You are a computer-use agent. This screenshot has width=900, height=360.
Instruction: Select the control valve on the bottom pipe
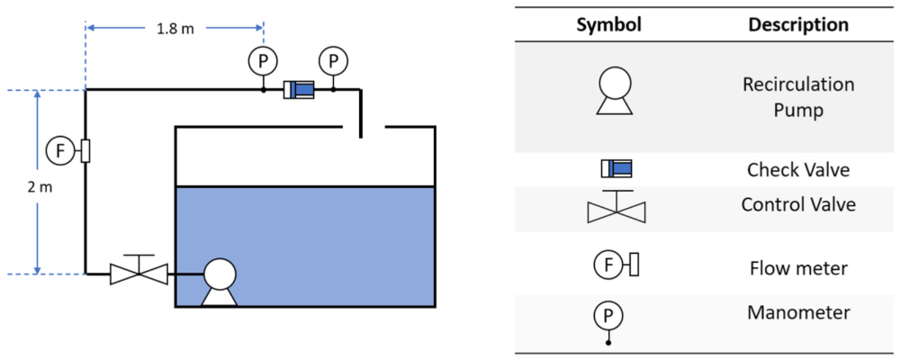(139, 272)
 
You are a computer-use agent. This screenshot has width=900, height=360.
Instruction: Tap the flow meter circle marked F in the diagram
(61, 150)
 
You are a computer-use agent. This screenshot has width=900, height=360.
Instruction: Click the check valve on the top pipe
(298, 90)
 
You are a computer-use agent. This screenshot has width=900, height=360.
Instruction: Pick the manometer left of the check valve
(263, 61)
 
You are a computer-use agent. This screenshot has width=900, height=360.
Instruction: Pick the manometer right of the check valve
(334, 61)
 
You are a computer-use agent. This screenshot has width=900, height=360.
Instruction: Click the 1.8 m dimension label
(175, 29)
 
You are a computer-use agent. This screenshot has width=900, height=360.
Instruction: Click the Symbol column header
(608, 24)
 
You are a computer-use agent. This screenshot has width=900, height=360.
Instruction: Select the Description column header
(798, 24)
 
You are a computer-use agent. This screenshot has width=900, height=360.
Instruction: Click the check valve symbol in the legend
(616, 168)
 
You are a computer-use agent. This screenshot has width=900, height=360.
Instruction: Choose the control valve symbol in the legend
(616, 208)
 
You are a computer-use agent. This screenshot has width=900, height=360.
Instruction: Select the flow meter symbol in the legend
(616, 265)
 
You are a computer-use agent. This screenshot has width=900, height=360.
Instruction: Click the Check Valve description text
(798, 169)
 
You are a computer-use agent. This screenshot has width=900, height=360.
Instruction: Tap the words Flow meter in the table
(798, 267)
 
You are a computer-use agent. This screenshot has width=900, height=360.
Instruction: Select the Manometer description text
(798, 312)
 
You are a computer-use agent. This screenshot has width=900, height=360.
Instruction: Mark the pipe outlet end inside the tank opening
(360, 137)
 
